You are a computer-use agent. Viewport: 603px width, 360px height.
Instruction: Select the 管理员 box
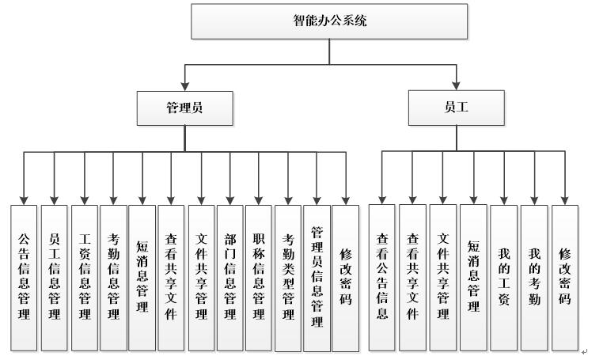184,108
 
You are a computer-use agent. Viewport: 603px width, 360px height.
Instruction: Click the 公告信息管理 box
24,277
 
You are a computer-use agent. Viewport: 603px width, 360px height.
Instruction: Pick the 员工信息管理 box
54,277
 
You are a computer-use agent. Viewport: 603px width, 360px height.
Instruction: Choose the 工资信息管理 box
85,277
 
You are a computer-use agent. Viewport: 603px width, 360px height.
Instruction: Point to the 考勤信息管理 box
113,277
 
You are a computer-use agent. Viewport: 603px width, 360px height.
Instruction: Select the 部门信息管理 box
229,277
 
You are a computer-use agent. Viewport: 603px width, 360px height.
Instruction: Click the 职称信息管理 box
259,277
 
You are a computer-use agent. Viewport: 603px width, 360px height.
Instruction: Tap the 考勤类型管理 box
288,277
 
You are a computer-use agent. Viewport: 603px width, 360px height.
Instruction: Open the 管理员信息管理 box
317,277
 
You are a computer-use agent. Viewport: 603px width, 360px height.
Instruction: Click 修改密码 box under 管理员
345,277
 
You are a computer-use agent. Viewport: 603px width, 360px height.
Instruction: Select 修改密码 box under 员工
565,277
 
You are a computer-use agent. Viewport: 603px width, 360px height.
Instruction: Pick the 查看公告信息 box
382,277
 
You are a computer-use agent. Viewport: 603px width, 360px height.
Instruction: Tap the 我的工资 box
503,277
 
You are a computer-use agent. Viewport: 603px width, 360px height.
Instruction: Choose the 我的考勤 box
534,277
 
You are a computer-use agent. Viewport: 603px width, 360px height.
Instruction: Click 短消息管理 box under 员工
473,277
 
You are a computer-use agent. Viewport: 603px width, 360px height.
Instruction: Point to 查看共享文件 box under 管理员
171,277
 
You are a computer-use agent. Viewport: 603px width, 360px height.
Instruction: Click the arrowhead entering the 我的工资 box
503,199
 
